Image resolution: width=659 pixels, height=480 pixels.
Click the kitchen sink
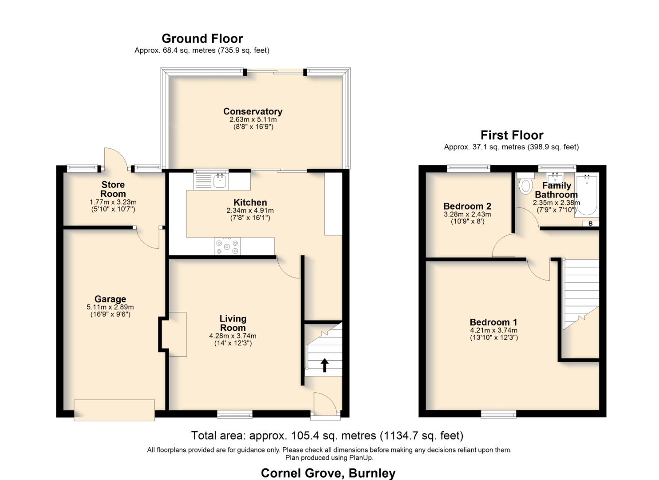coord(211,180)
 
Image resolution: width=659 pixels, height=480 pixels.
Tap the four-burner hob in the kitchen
coord(227,247)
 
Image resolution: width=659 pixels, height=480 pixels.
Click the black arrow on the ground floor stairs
coord(324,365)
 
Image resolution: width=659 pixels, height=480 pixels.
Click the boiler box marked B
coord(590,224)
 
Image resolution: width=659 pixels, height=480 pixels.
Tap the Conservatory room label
coord(253,111)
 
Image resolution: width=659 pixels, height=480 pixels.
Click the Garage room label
coord(110,299)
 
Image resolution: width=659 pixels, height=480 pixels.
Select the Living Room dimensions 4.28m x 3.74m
coord(233,336)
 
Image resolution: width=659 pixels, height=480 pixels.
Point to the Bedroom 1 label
coord(493,322)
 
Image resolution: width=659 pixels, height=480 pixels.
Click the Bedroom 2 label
coord(467,206)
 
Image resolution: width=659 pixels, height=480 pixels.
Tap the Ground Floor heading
coord(202,39)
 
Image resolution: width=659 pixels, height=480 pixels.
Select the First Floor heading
coord(512,135)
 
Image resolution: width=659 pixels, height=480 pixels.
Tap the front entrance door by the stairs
coord(325,404)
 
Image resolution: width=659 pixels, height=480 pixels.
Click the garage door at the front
coord(114,410)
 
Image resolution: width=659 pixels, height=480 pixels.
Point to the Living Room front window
coord(235,414)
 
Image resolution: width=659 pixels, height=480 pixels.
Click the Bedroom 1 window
coord(499,414)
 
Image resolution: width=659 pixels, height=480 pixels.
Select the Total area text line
coord(327,436)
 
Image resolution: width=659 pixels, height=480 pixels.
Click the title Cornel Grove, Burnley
coord(328,473)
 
